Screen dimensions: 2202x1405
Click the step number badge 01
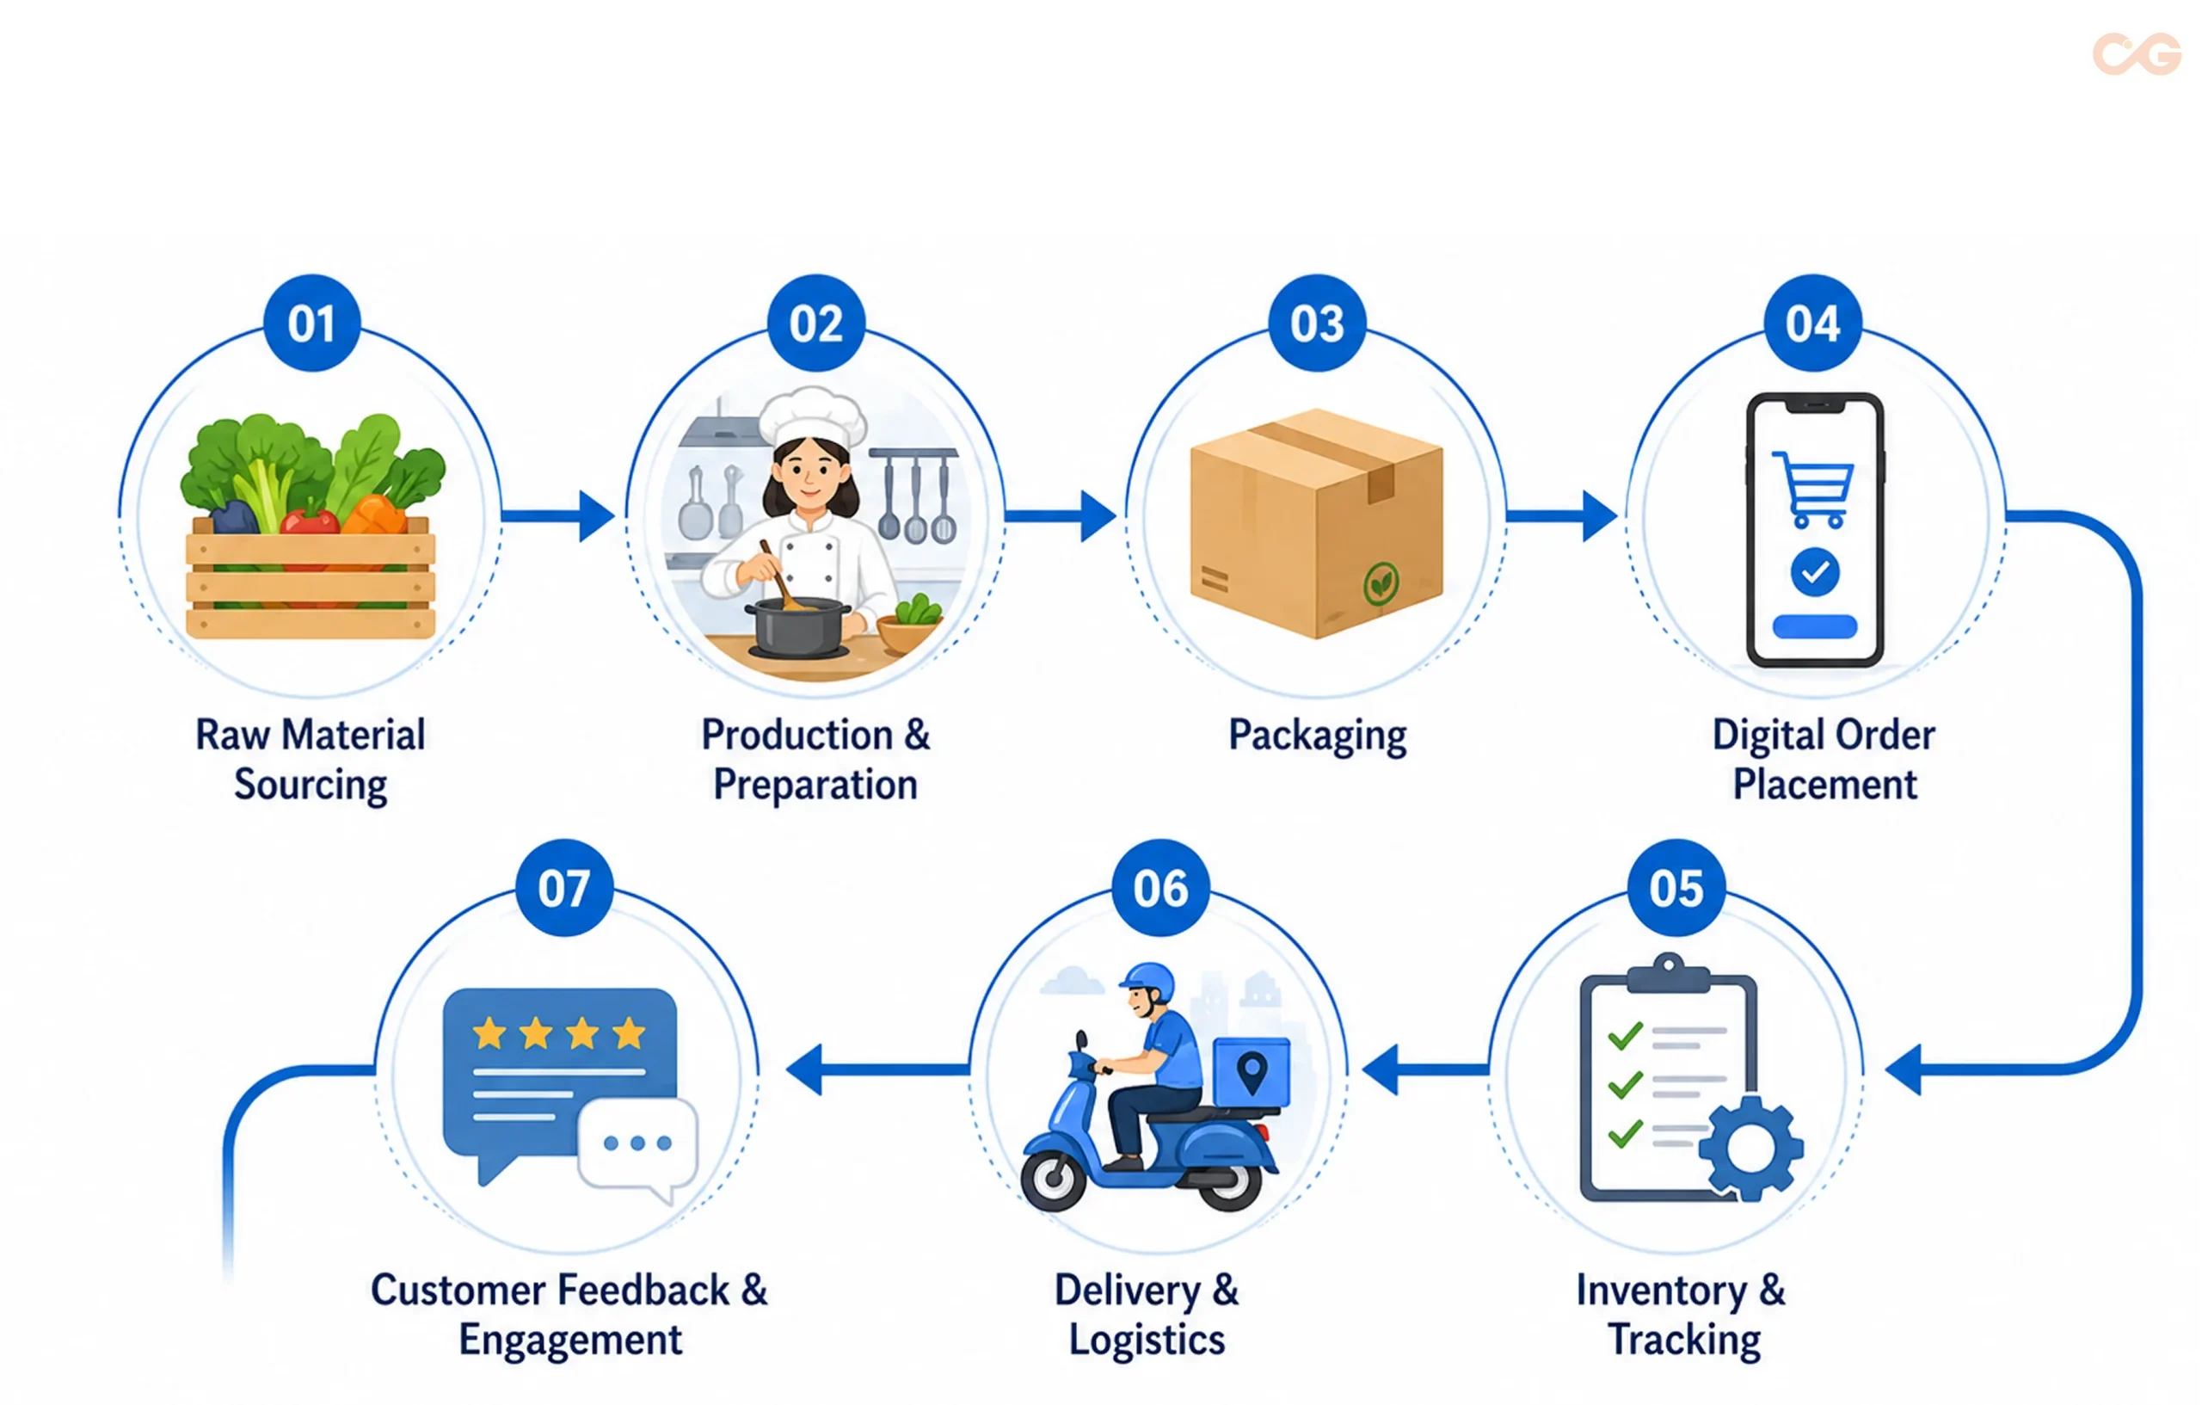pyautogui.click(x=312, y=323)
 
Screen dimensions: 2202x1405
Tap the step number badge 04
pyautogui.click(x=1812, y=323)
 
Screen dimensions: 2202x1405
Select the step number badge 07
pyautogui.click(x=564, y=887)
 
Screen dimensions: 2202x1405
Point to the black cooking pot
pyautogui.click(x=797, y=626)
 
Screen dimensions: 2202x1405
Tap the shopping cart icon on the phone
pyautogui.click(x=1813, y=490)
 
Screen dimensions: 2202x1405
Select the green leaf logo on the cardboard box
pyautogui.click(x=1381, y=583)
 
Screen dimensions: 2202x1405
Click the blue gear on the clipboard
pyautogui.click(x=1751, y=1148)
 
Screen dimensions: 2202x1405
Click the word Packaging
pyautogui.click(x=1318, y=736)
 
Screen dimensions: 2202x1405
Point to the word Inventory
pyautogui.click(x=1662, y=1291)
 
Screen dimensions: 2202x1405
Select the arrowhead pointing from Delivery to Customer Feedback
pyautogui.click(x=805, y=1069)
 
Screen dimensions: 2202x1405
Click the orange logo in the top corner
pyautogui.click(x=2137, y=54)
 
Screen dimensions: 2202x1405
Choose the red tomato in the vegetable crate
pyautogui.click(x=310, y=522)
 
